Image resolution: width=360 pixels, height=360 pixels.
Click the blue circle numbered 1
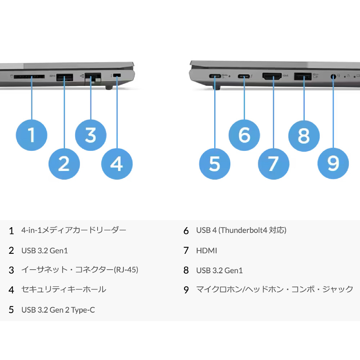click(31, 135)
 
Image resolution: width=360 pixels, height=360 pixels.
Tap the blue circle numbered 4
click(117, 164)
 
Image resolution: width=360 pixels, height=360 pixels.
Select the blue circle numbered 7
click(274, 164)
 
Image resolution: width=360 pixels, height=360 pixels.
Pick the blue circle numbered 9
click(333, 163)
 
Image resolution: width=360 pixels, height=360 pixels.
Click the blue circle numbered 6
click(244, 135)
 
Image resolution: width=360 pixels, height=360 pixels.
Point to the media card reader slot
click(29, 76)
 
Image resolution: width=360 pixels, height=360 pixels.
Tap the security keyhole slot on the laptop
click(117, 75)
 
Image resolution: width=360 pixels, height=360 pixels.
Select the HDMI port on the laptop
click(272, 76)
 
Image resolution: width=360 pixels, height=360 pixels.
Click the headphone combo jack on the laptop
click(333, 76)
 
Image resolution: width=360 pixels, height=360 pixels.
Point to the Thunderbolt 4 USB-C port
click(244, 76)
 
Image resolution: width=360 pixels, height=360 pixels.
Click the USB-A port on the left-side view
click(64, 77)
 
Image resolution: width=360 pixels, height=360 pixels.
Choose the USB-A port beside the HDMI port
click(303, 76)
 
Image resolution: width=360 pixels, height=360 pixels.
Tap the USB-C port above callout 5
click(215, 76)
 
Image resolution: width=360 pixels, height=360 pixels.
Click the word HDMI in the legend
click(207, 251)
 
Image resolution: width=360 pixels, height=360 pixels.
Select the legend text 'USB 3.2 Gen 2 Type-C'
click(58, 310)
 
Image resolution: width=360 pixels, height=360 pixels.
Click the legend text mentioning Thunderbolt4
click(241, 230)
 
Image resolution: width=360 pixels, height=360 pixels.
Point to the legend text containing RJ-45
click(80, 270)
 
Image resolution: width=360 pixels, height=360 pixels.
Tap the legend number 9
click(186, 290)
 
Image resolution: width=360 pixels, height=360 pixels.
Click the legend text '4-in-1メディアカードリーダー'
click(74, 230)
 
